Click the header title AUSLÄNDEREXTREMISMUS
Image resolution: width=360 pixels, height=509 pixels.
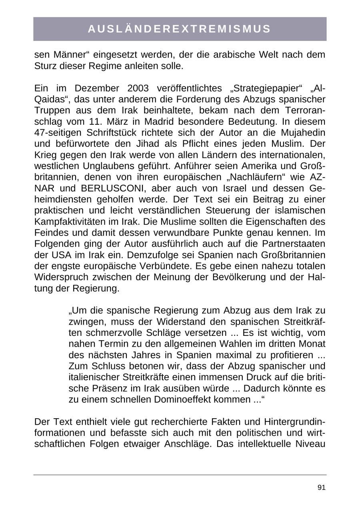[180, 29]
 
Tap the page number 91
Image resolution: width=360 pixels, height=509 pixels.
[321, 487]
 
